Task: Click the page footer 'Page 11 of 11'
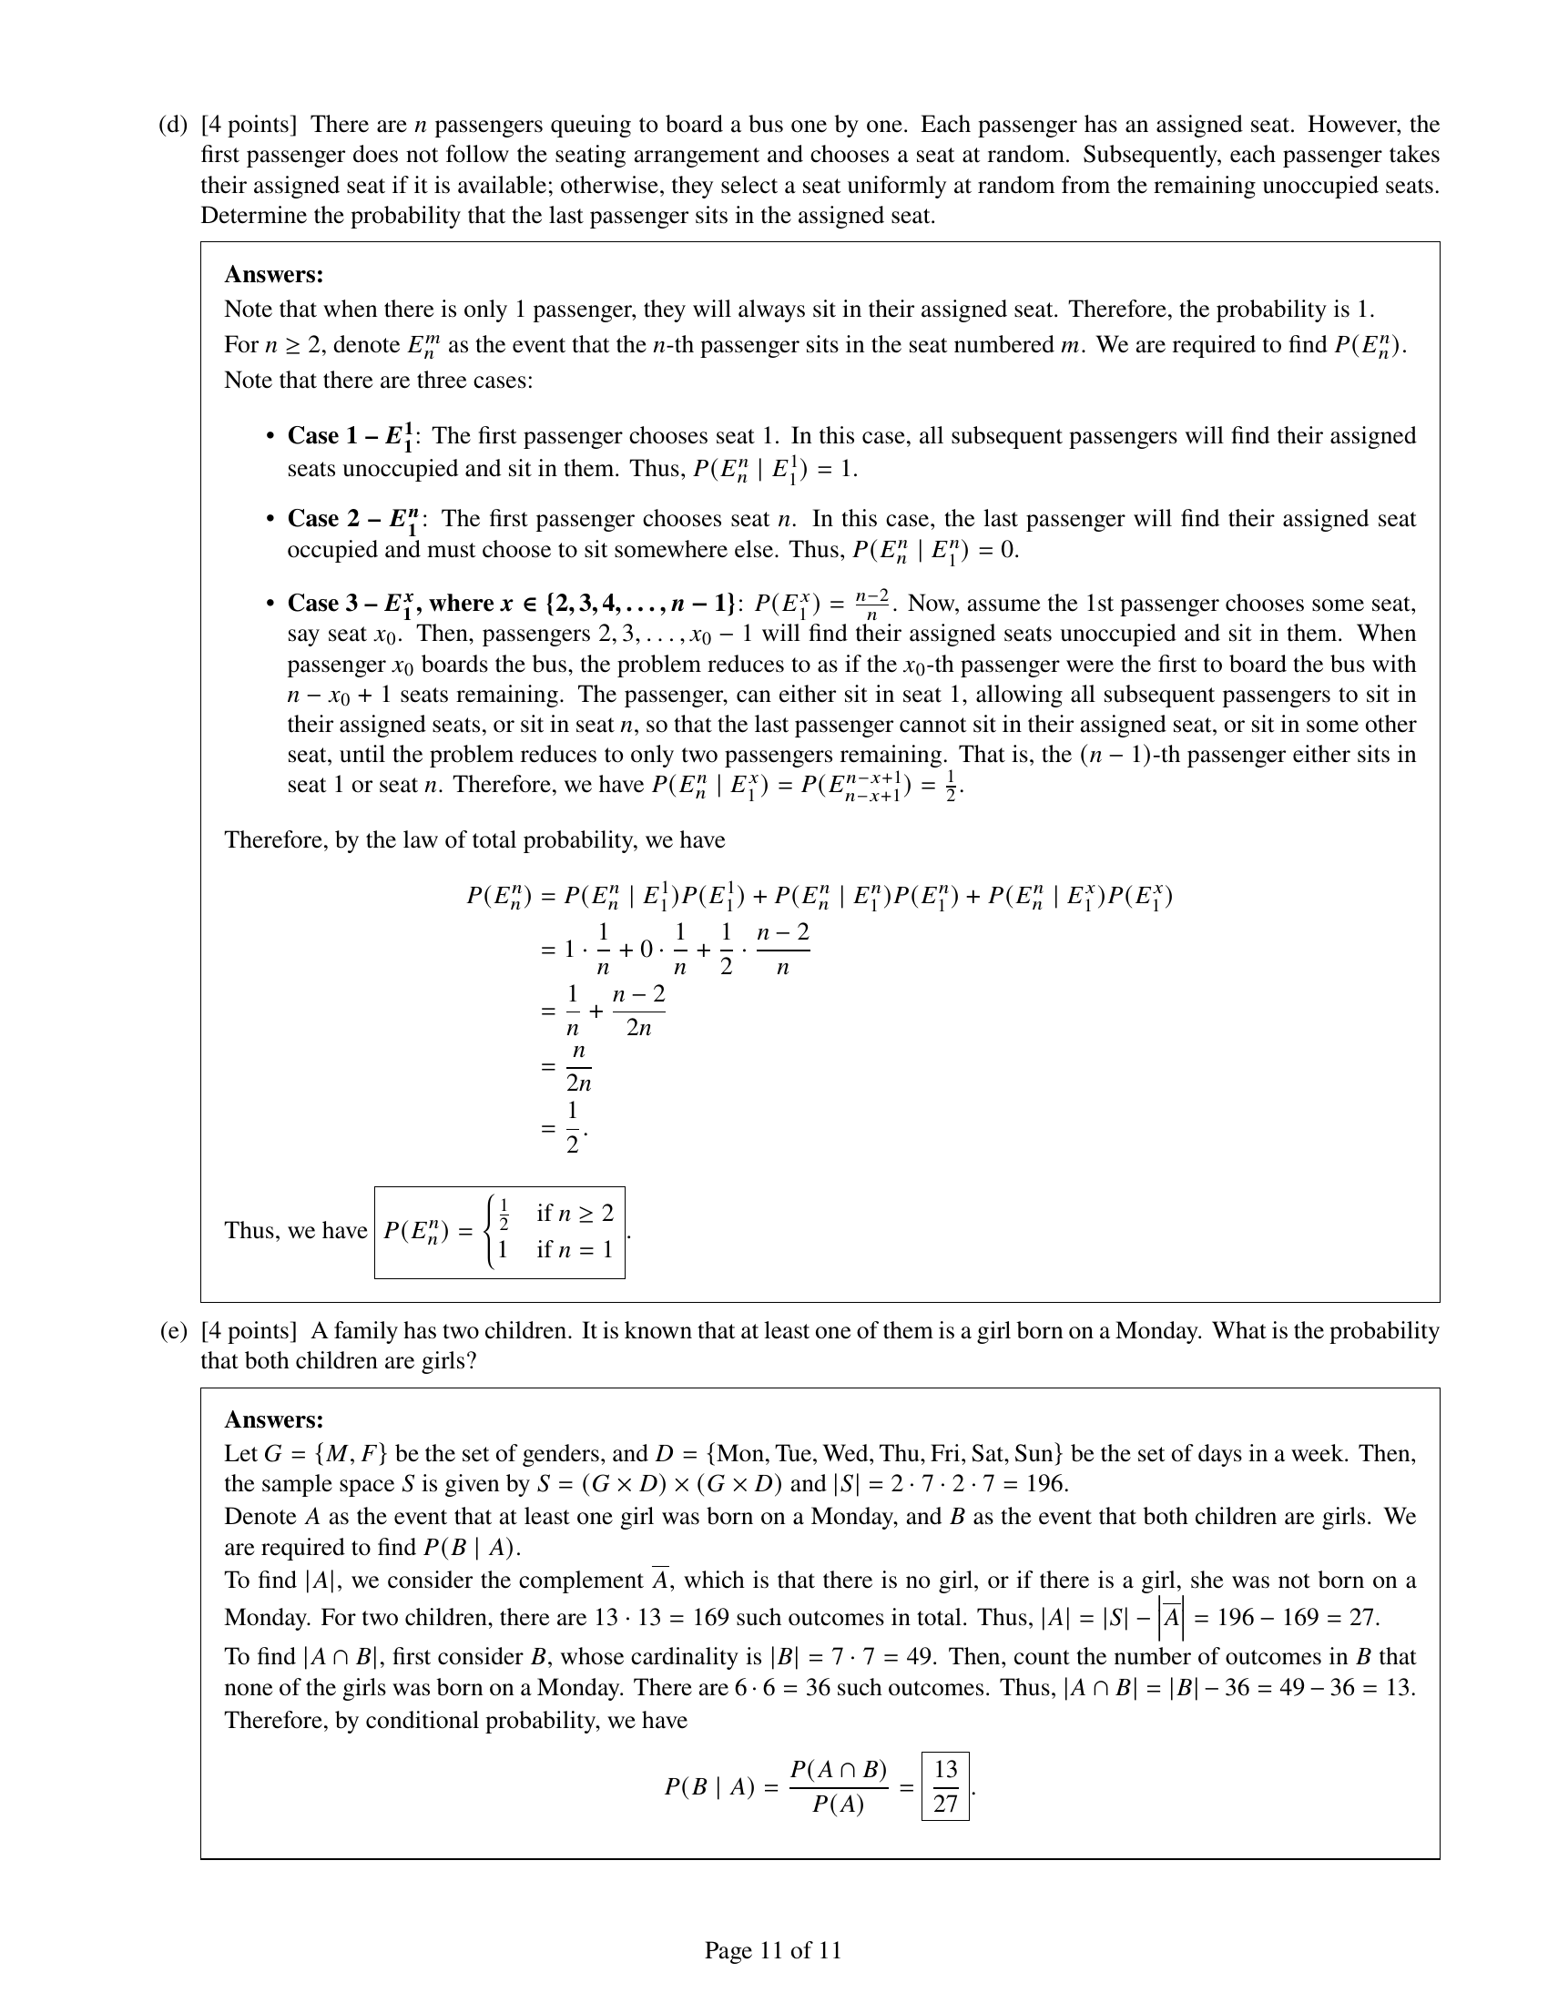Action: click(772, 1950)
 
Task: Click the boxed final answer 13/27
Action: click(945, 1786)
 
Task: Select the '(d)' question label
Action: click(172, 125)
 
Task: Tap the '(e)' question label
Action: click(172, 1331)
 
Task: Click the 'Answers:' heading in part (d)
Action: click(273, 274)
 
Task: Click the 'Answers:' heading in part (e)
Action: click(273, 1419)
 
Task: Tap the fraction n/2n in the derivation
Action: click(577, 1067)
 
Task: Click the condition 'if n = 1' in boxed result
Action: click(574, 1249)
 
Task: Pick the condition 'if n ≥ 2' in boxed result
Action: click(574, 1214)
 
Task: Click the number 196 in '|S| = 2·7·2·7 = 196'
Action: click(1046, 1484)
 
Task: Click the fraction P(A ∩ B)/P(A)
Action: click(838, 1786)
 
